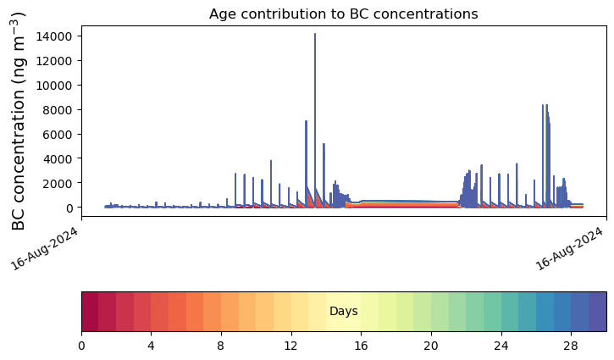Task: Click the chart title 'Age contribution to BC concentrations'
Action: pyautogui.click(x=344, y=14)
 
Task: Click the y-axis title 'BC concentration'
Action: pyautogui.click(x=19, y=120)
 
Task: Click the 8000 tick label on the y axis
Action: pyautogui.click(x=60, y=110)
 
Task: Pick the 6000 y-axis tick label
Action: pyautogui.click(x=60, y=135)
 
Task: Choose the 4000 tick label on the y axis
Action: pyautogui.click(x=60, y=158)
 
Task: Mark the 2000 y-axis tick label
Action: pyautogui.click(x=60, y=183)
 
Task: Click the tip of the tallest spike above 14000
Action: pyautogui.click(x=315, y=34)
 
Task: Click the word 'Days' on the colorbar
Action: pyautogui.click(x=344, y=312)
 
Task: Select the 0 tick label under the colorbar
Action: pyautogui.click(x=81, y=346)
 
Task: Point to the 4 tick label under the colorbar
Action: pyautogui.click(x=152, y=346)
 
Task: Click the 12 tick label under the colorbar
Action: pyautogui.click(x=291, y=346)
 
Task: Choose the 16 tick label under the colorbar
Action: pyautogui.click(x=362, y=346)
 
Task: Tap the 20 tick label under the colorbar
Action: pyautogui.click(x=431, y=346)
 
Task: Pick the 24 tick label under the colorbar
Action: pyautogui.click(x=501, y=346)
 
